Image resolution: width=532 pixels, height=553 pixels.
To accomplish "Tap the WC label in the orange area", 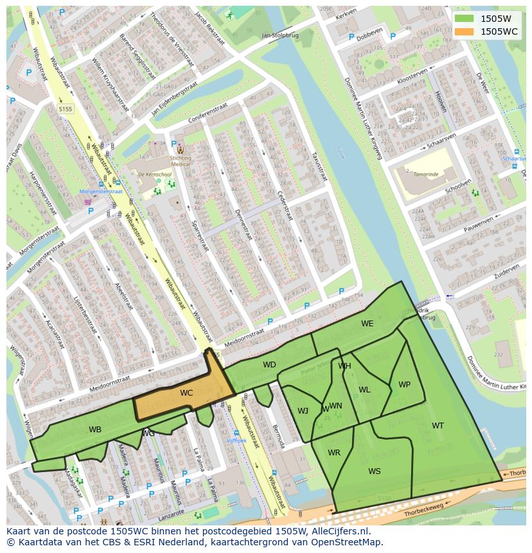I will [x=186, y=393].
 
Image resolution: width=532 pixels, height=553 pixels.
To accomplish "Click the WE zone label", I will [x=367, y=324].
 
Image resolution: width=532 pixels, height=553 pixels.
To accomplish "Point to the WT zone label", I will [x=438, y=426].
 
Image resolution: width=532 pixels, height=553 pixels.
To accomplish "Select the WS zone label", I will [x=375, y=471].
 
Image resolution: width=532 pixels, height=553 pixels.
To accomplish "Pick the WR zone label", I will [x=334, y=453].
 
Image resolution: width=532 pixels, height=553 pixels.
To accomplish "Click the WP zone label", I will [x=404, y=385].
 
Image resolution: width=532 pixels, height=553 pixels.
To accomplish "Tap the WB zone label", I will [x=95, y=430].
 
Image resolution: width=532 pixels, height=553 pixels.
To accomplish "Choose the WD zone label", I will [x=269, y=365].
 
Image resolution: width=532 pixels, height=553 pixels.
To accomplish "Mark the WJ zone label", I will [x=303, y=411].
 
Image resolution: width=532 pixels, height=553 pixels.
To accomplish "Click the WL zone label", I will [x=364, y=390].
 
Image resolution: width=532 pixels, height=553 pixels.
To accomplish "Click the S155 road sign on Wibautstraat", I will [x=66, y=109].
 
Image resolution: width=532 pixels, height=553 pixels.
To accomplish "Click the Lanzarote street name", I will [x=171, y=511].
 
